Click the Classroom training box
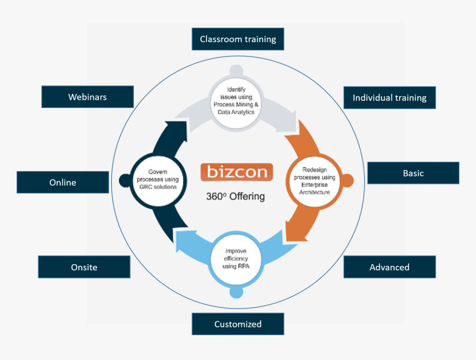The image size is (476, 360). pos(237,39)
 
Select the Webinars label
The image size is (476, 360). pos(87,97)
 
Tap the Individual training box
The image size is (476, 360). pos(389,97)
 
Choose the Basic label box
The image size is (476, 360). pos(413,173)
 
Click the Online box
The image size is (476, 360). pos(63,182)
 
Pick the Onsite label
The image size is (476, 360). pos(84,267)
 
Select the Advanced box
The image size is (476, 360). pos(389,267)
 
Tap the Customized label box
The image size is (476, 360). pos(237,324)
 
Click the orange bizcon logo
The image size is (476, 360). pos(237,172)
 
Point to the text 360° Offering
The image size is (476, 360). pos(235,196)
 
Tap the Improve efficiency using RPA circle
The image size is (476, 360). pos(236,259)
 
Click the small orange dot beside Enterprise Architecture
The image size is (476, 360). pos(347,181)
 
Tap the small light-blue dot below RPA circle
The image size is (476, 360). pos(236,291)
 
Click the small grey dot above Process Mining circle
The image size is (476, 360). pos(236,71)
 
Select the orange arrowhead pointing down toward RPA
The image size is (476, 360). pos(293,230)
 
